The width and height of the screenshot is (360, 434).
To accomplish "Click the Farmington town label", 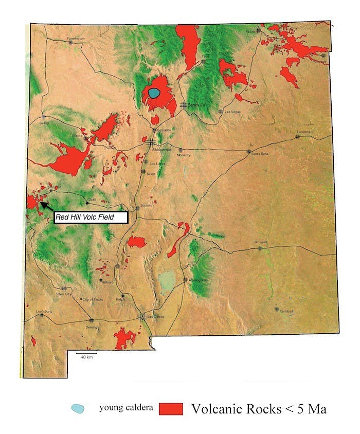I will [75, 38].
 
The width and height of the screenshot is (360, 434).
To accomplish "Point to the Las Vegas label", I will [232, 111].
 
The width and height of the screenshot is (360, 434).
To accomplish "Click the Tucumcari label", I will [304, 132].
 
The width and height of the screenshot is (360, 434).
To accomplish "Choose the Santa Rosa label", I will [260, 155].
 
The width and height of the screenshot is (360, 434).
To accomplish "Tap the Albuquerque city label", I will [161, 149].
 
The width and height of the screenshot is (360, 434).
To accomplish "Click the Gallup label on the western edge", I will [44, 123].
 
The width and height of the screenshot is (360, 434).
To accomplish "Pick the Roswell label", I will [261, 243].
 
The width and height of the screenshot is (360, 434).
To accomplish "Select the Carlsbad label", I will [286, 311].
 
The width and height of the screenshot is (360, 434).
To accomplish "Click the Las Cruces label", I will [156, 316].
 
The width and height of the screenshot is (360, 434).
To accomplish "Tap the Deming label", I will [92, 327].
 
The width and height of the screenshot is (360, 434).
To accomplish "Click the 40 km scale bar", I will [86, 354].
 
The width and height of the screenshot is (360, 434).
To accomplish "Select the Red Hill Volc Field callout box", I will [91, 218].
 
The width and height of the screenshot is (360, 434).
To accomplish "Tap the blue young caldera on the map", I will [154, 93].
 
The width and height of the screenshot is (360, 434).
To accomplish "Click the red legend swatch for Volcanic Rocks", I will [171, 409].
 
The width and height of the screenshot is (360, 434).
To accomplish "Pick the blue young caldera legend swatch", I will [78, 409].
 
